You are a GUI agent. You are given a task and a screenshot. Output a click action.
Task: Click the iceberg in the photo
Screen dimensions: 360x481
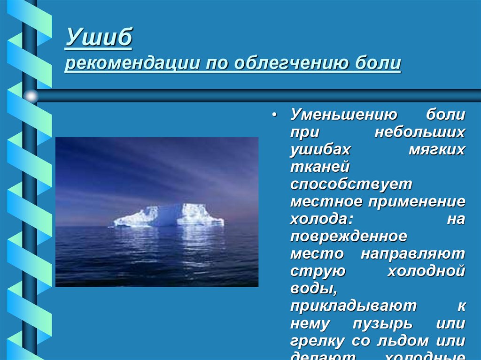point(169,216)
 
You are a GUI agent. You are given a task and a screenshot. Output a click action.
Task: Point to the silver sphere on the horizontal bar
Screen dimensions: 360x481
point(31,96)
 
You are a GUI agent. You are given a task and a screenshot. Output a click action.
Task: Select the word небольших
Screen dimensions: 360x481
point(419,133)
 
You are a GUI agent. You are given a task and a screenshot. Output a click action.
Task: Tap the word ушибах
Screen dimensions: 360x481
point(320,150)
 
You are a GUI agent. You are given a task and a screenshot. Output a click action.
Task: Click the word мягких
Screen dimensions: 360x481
point(434,150)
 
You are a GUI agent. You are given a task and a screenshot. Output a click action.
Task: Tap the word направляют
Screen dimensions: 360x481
point(413,254)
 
